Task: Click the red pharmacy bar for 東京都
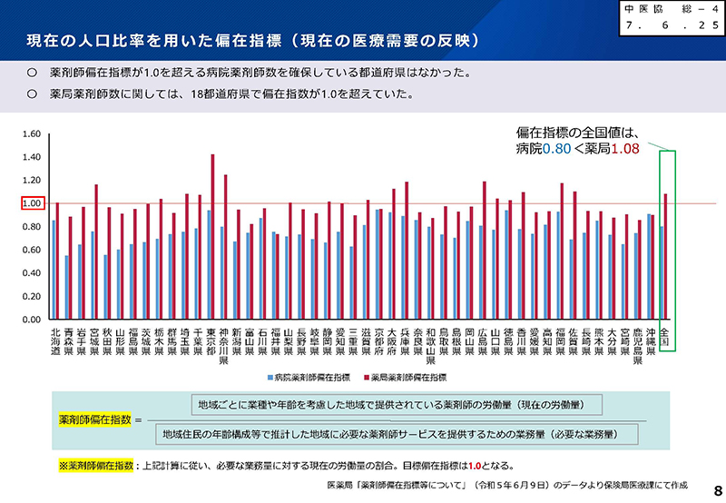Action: point(212,237)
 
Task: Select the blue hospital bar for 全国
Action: point(662,273)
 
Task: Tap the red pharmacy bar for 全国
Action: point(666,257)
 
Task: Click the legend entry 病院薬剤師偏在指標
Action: point(309,376)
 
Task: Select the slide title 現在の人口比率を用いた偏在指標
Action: point(185,43)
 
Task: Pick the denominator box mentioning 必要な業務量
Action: point(398,436)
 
